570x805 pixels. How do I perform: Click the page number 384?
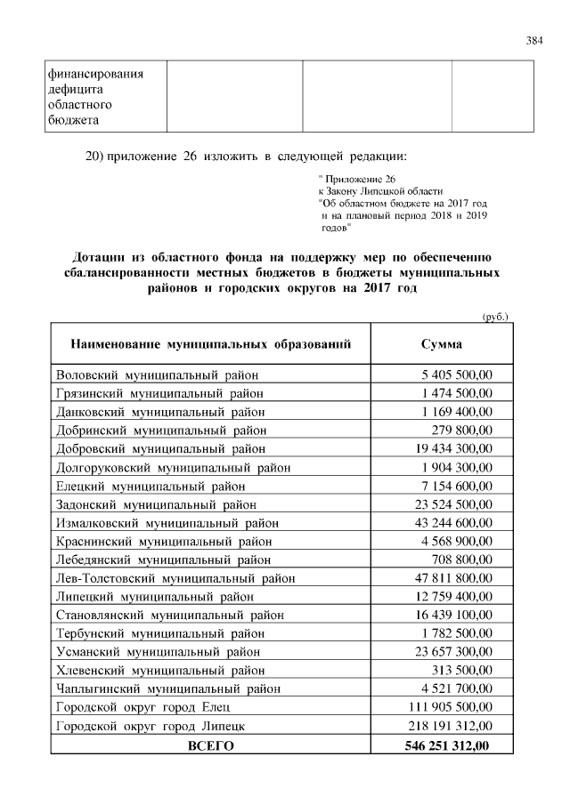(x=534, y=40)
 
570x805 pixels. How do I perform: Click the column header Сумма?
(x=441, y=344)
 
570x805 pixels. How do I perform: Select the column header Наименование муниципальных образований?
(x=209, y=344)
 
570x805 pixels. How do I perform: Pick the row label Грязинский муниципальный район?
(x=159, y=393)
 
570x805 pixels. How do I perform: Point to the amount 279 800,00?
(x=463, y=431)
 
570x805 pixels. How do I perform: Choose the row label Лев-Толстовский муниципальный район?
(x=175, y=578)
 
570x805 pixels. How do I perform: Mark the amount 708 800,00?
(x=463, y=559)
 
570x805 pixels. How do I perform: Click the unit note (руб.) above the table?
(x=494, y=316)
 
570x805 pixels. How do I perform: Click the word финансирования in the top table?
(x=96, y=75)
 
